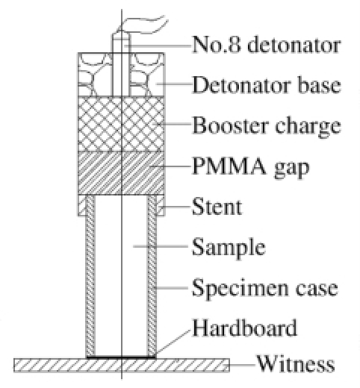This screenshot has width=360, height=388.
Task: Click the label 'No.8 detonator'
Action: pos(266,45)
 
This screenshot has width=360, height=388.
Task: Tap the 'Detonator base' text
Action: pos(267,85)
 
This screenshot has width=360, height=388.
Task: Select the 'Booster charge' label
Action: pos(267,126)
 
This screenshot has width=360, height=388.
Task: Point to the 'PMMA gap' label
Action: pos(251,167)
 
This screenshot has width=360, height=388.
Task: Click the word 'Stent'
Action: pos(217,207)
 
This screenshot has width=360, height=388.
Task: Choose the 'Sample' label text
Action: pos(229,248)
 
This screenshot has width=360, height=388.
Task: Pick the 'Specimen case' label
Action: pos(265,289)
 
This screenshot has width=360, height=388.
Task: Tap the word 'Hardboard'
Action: pos(245,328)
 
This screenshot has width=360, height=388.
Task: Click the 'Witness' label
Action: pos(296,363)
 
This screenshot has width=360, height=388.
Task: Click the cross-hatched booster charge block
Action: pos(121,124)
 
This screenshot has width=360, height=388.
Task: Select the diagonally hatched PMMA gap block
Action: pos(121,173)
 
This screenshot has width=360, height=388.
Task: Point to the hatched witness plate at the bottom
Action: pos(122,365)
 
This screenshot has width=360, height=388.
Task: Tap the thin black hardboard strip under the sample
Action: pos(121,357)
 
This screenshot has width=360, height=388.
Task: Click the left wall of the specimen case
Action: pos(90,275)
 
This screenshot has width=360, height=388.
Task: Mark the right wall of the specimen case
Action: pos(152,275)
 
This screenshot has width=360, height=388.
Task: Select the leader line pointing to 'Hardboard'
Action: pos(173,342)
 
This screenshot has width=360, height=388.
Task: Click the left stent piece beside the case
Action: pos(82,205)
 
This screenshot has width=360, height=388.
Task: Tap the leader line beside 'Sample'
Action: pos(161,246)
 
